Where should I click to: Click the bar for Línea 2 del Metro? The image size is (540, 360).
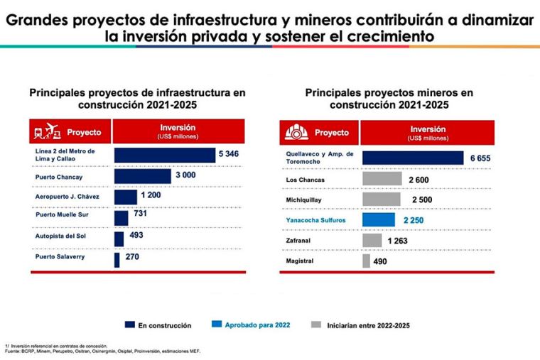(165, 155)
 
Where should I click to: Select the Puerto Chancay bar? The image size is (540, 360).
(143, 176)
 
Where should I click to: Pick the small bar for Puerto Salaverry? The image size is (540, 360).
(117, 260)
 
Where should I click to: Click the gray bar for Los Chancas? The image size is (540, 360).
(382, 179)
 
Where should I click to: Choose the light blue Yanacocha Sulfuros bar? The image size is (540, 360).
(379, 220)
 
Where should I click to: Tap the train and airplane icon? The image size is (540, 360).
(44, 132)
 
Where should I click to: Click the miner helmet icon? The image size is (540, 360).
(293, 132)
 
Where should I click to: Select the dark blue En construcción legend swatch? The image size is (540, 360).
(129, 325)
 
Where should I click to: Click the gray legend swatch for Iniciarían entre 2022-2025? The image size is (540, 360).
(317, 325)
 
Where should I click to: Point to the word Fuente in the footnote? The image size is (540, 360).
(13, 349)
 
